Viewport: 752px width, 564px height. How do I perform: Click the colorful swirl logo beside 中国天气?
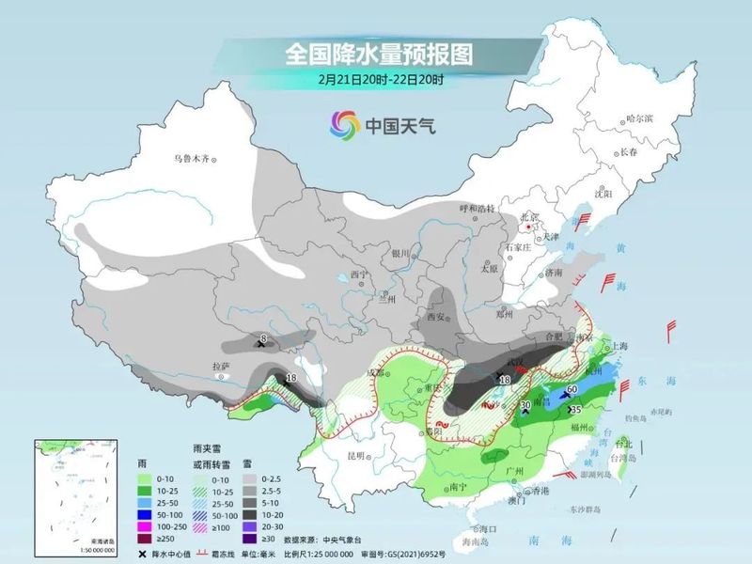coord(344,124)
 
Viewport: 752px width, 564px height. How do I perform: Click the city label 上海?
coord(619,346)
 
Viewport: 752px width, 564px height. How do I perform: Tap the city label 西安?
coord(436,318)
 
